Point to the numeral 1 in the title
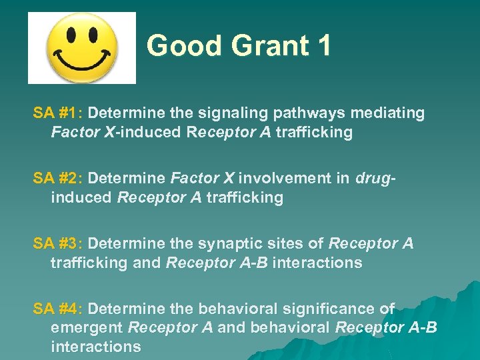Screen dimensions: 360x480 (x=323, y=46)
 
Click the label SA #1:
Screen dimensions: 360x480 (x=58, y=113)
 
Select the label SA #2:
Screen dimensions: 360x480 (x=58, y=179)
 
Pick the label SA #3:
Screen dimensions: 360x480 (x=58, y=244)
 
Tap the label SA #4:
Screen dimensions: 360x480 (x=58, y=309)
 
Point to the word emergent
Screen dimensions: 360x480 (x=87, y=328)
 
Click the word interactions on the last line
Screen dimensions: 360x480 (x=95, y=347)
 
